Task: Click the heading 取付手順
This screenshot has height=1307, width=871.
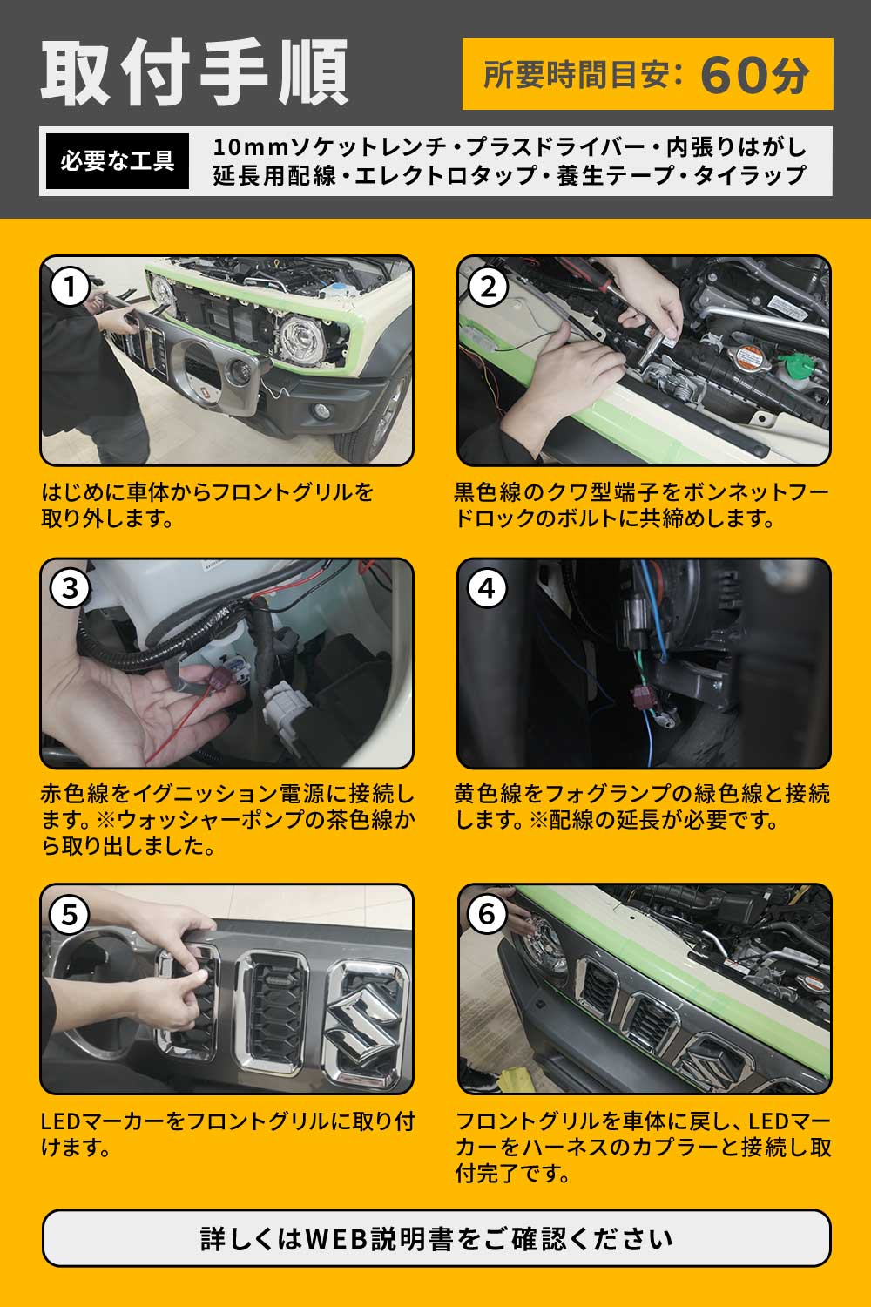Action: tap(194, 72)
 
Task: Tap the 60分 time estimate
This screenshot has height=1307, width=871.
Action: tap(755, 75)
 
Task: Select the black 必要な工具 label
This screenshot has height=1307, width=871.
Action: tap(118, 161)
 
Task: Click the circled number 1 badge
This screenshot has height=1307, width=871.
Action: tap(70, 287)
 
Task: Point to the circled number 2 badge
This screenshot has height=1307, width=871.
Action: tap(488, 287)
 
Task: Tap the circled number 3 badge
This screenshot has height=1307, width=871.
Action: tap(70, 589)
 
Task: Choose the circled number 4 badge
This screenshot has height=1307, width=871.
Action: tap(488, 589)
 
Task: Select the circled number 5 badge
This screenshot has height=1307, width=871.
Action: tap(70, 914)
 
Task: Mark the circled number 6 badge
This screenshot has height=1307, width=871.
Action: tap(488, 914)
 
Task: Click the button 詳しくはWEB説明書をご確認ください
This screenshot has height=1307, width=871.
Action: tap(436, 1238)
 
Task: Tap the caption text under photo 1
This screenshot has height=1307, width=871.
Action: tap(207, 505)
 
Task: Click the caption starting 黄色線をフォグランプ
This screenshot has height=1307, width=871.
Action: tap(642, 806)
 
